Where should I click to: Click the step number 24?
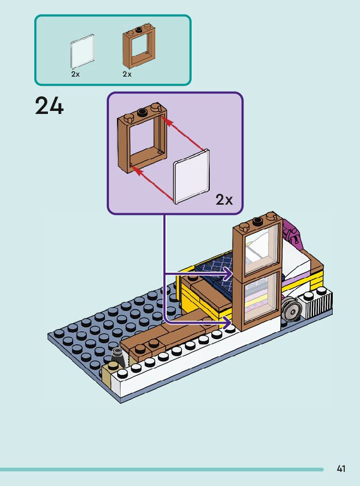49,106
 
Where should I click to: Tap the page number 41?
341,469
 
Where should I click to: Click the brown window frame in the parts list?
139,46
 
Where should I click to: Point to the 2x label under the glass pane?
76,74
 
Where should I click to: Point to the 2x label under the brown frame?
127,74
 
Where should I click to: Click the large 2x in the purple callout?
224,200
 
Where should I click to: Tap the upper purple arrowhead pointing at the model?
228,274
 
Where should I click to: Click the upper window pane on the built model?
262,250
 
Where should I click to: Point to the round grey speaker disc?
291,309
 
